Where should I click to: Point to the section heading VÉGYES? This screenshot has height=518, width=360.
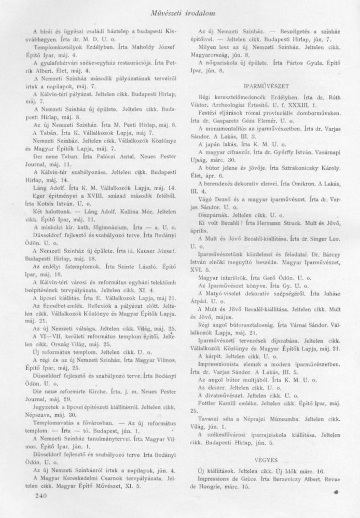pos(265,459)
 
